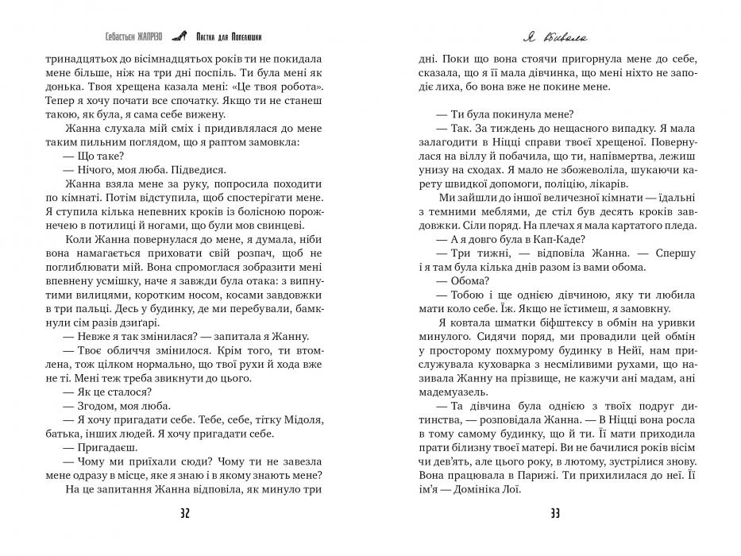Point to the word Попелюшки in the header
click(x=245, y=36)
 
